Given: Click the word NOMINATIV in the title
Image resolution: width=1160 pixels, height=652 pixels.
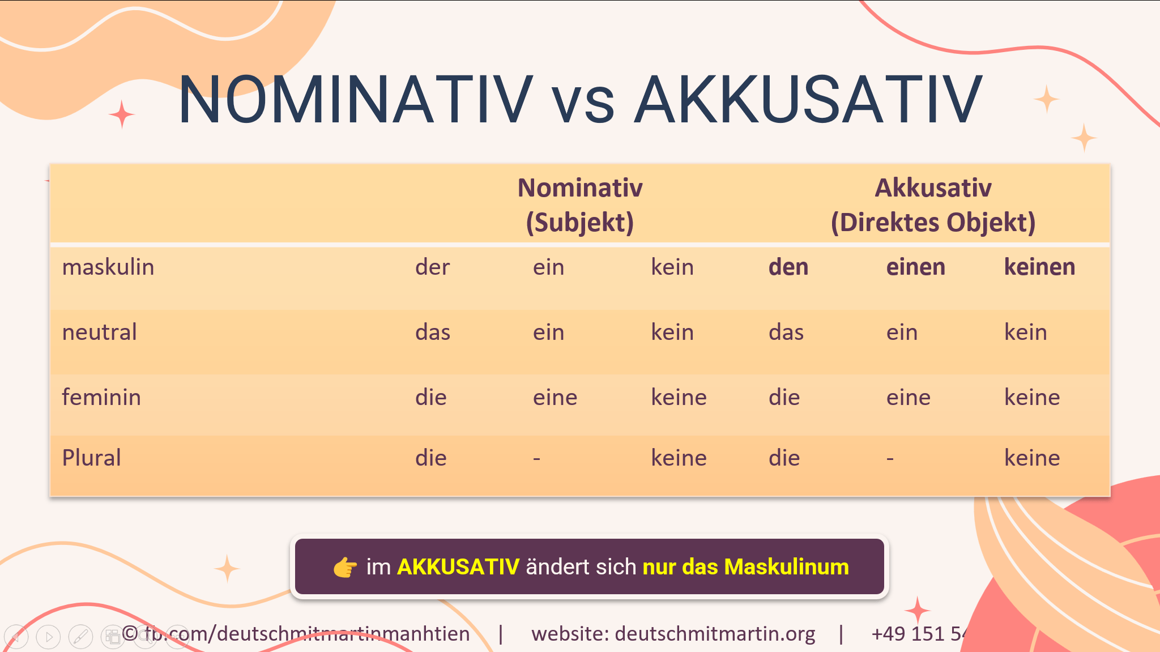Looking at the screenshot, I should pos(355,100).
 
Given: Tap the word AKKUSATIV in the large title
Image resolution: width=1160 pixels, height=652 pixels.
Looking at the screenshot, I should pos(808,100).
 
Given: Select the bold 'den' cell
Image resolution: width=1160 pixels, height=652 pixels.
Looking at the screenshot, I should pos(788,267).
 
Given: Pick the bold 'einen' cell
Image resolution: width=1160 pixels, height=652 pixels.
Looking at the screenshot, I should pos(915,267).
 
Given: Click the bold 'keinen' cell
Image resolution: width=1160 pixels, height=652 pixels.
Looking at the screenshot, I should pos(1039,267).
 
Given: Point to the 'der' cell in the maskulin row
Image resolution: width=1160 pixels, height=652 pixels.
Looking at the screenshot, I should pos(432,267).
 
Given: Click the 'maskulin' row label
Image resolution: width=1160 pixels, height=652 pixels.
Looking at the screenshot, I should pos(108,267).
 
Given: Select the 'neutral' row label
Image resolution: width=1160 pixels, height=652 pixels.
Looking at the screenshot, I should pos(100,332).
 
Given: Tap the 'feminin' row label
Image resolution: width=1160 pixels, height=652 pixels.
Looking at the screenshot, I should pos(101,397).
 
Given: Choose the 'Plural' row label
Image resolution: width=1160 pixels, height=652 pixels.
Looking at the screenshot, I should pos(92,458).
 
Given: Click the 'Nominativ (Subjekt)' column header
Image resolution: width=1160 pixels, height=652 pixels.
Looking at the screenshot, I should pos(580,204).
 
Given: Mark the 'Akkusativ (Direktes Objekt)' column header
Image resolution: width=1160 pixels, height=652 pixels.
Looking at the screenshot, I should pos(933,204).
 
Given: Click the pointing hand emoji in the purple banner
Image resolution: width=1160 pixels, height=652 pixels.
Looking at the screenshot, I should pos(345,567).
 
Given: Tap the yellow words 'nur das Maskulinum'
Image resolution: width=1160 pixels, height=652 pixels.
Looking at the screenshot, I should pos(745,567).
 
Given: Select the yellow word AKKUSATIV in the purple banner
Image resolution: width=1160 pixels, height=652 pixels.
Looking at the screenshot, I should pos(458,567).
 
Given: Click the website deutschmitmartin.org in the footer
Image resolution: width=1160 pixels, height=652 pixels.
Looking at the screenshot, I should pos(715,634).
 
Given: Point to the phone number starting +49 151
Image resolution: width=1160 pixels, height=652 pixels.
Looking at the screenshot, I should pos(918,634).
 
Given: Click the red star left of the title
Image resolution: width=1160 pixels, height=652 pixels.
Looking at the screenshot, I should pos(122,114).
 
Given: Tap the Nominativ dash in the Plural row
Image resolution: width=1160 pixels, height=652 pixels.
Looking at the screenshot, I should pos(536,458).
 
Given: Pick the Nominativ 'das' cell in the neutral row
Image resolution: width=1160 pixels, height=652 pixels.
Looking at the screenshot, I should pos(433,332).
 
